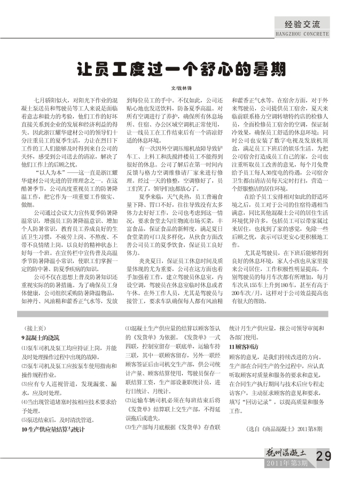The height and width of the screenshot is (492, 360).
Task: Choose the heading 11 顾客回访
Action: click(x=244, y=346)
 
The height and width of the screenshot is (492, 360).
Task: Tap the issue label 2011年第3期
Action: click(x=288, y=462)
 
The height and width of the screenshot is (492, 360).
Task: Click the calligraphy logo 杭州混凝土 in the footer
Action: click(x=286, y=451)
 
